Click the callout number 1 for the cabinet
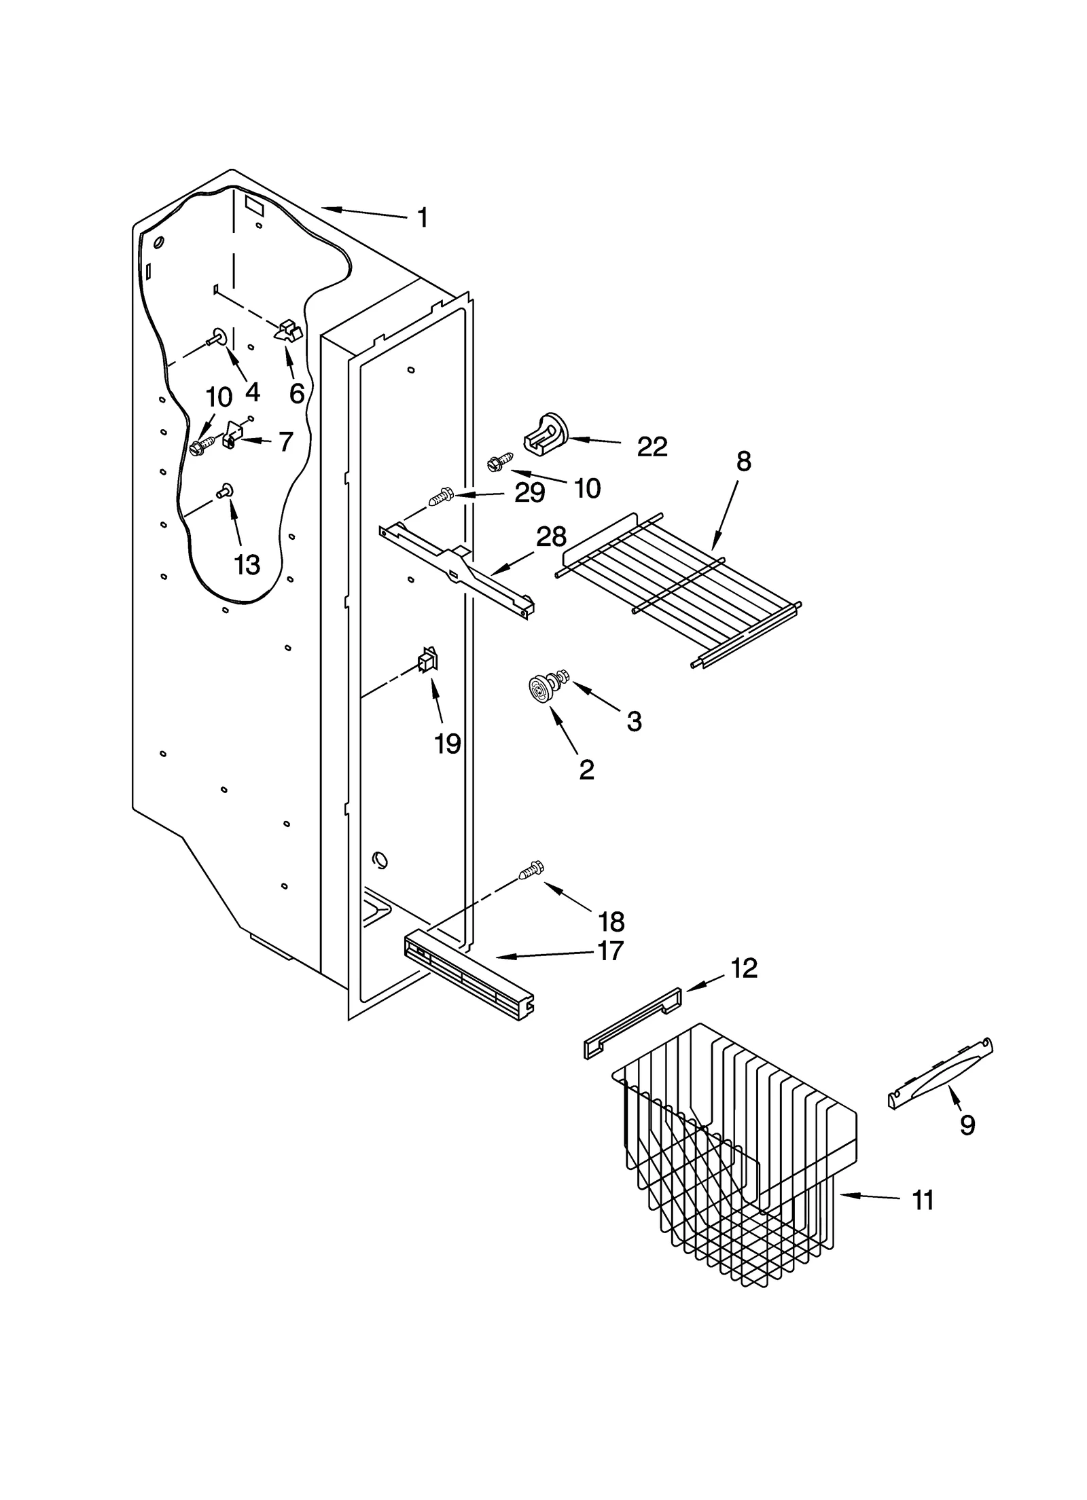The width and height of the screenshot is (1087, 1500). pos(422,218)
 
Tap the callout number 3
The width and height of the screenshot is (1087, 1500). pos(633,721)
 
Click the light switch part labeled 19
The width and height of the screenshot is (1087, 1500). pos(427,660)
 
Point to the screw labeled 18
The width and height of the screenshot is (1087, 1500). pos(532,868)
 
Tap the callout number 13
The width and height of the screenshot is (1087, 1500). pos(247,564)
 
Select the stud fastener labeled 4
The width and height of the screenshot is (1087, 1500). pos(218,337)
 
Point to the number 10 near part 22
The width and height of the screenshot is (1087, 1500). pos(587,488)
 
